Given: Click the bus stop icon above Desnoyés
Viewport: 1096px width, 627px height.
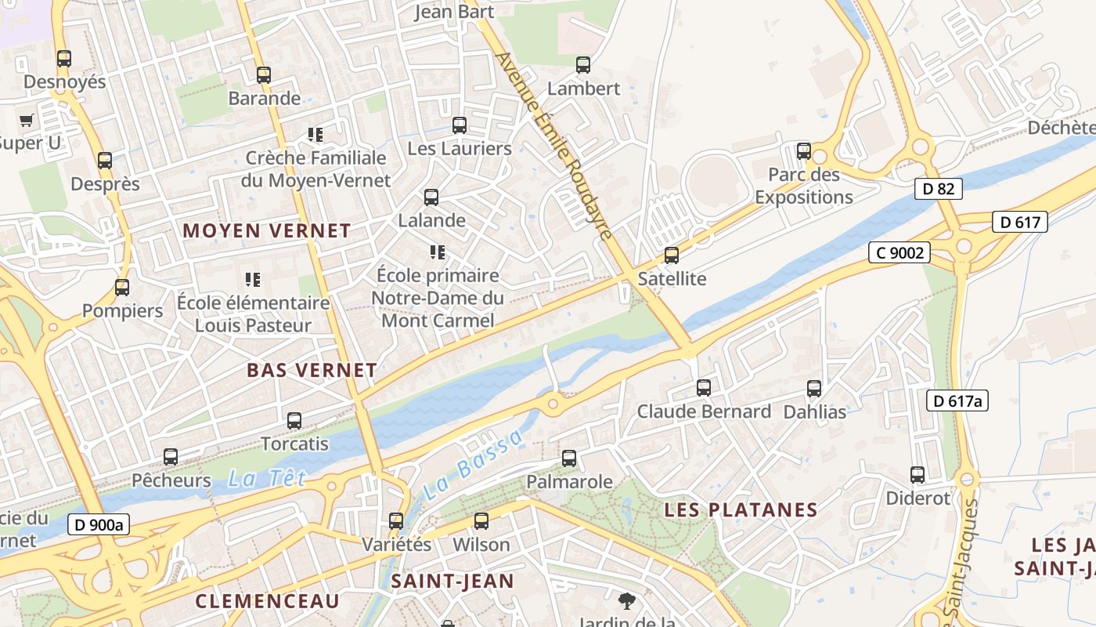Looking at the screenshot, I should pos(64,59).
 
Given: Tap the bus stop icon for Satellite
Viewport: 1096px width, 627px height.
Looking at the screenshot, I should pos(671,256).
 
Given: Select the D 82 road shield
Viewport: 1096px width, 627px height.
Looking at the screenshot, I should pos(938,188).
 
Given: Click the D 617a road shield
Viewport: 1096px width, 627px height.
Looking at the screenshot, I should pos(957,401).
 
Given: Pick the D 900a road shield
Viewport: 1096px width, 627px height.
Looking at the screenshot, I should pos(98,525).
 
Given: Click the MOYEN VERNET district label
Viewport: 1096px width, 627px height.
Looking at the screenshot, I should pos(267,231).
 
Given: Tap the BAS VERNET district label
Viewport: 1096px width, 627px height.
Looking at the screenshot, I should pos(312,371).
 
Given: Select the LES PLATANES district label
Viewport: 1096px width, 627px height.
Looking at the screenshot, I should pos(741,510).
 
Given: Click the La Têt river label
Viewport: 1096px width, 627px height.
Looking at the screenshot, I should pos(267,478).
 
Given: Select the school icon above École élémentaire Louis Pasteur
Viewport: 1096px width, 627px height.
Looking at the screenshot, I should pos(252,280).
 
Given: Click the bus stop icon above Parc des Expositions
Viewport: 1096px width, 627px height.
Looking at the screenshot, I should pos(803,151).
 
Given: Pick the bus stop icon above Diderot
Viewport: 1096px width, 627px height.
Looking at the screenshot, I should pos(917,475).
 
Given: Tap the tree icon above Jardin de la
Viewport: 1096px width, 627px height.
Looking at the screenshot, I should pos(626,601).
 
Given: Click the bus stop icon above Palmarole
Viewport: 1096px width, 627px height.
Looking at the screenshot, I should pos(569,458).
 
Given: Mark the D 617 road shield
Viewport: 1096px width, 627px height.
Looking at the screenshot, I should pos(1020,223).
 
